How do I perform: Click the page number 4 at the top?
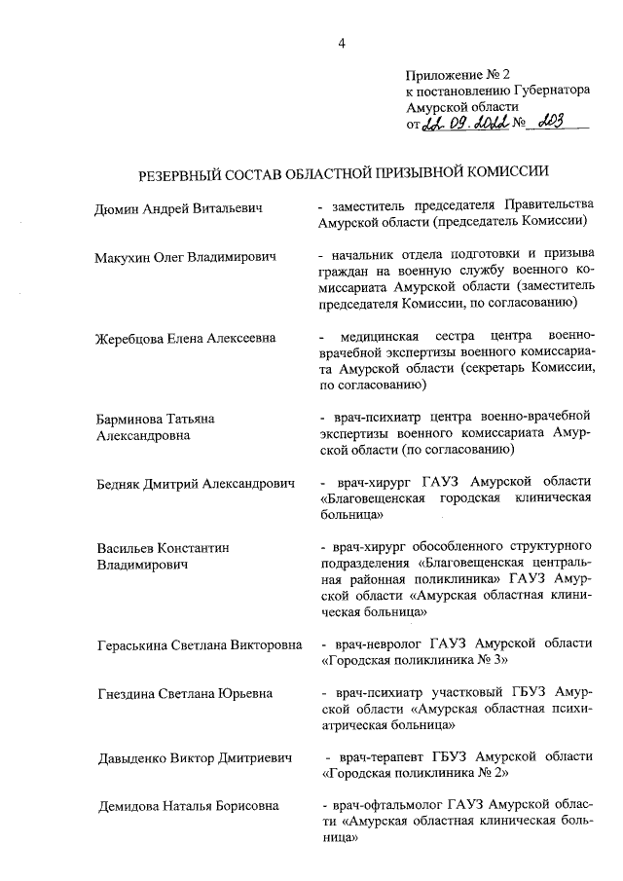coord(341,42)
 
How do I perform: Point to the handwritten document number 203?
coord(558,124)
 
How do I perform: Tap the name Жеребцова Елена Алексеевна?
coord(185,338)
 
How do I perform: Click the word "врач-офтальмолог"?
coord(386,805)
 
